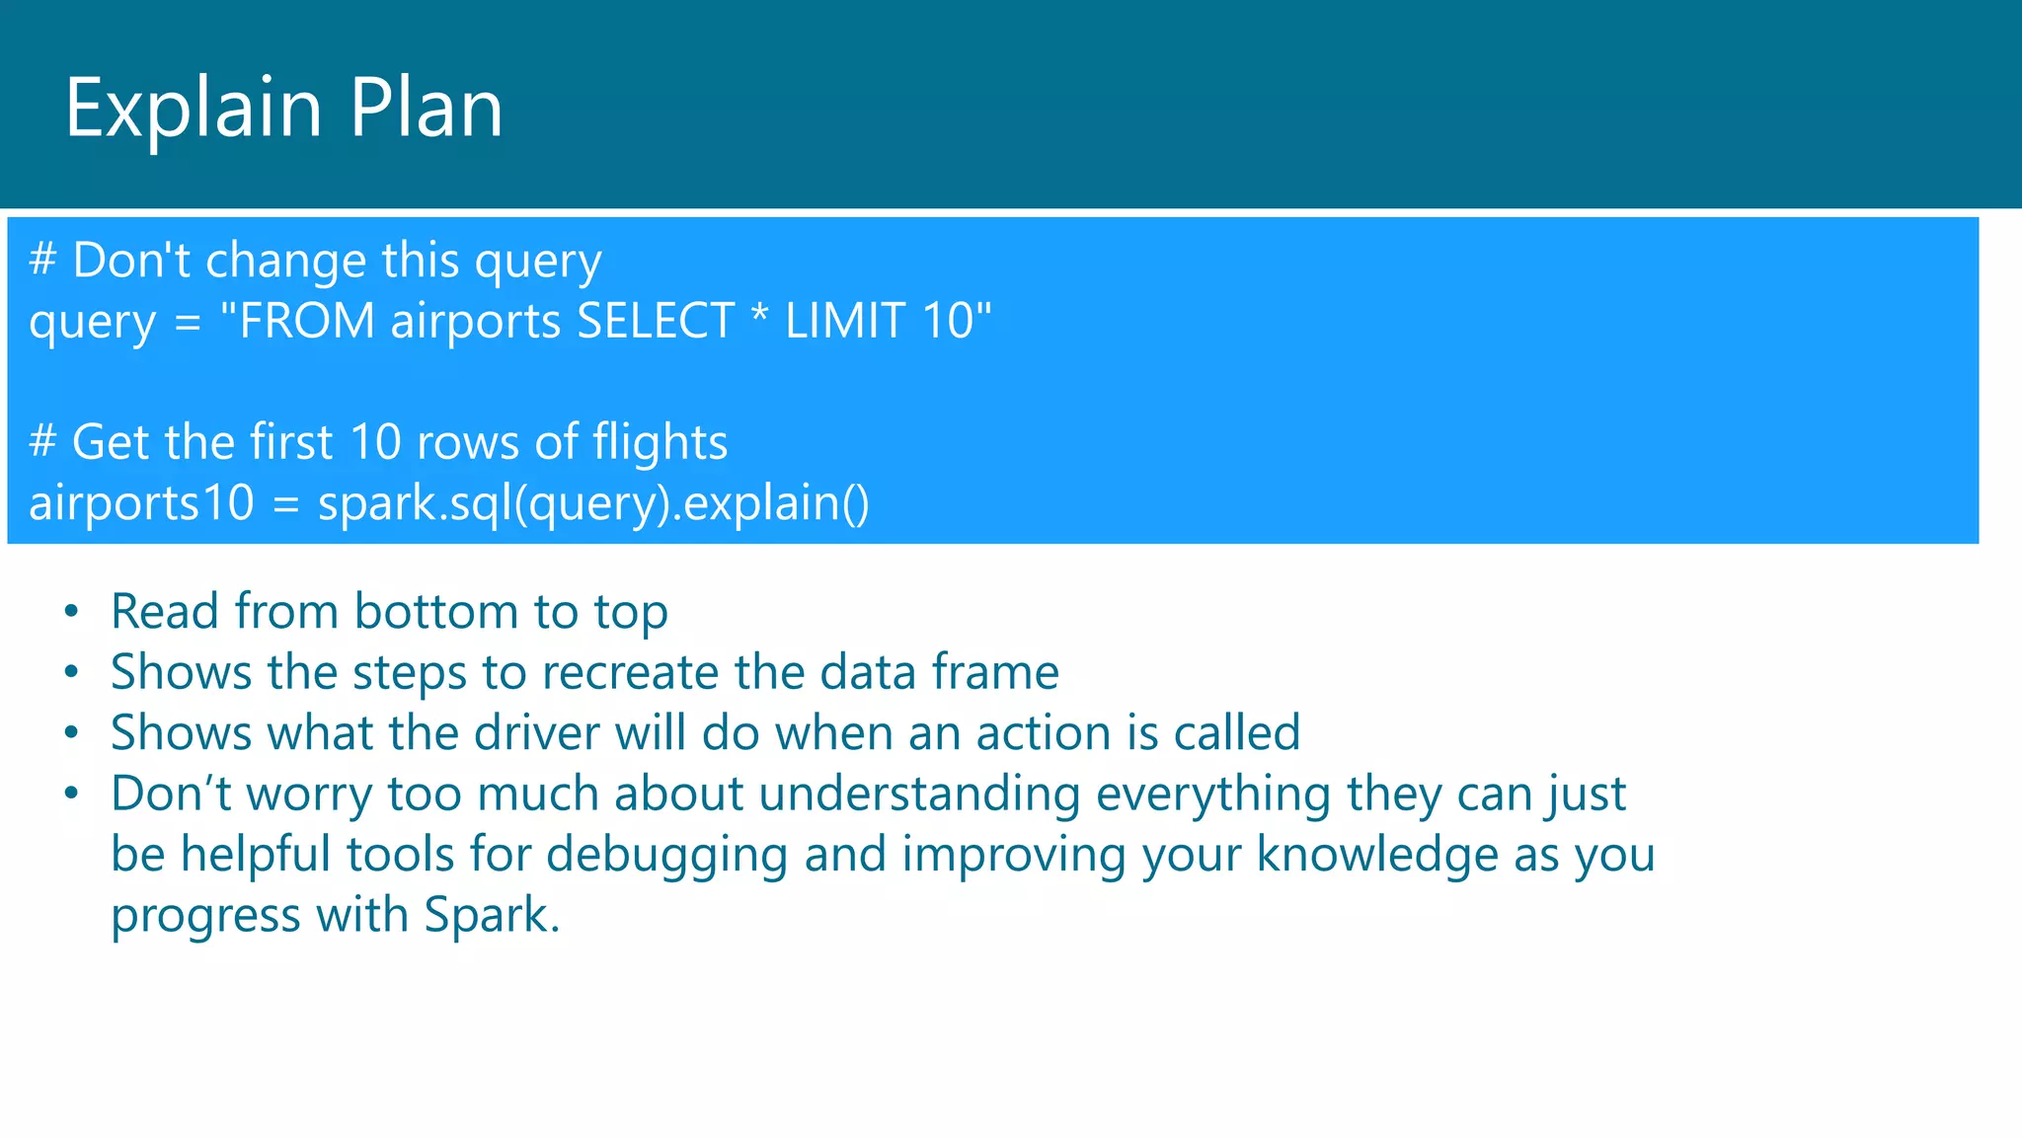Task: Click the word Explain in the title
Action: point(194,109)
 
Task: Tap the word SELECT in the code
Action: point(656,322)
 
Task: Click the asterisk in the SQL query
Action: point(759,318)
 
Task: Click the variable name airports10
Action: point(141,503)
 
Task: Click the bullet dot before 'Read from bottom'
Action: point(71,612)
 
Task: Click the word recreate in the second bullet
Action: point(630,673)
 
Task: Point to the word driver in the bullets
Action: point(536,733)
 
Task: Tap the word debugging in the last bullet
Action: point(666,856)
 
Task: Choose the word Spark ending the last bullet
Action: point(491,916)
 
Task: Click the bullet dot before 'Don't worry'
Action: point(71,795)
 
